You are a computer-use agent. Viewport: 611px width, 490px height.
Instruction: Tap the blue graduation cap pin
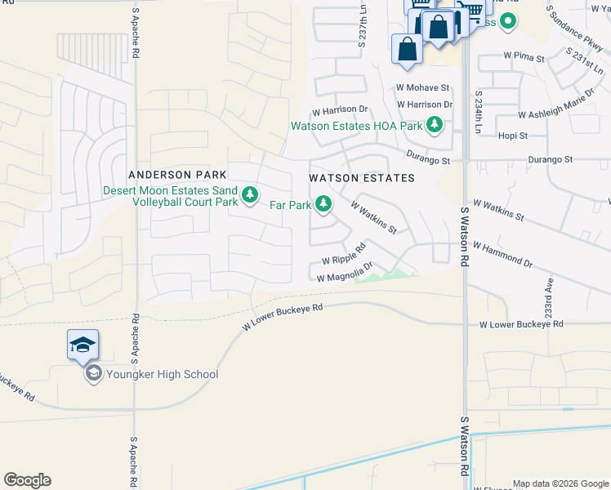[83, 346]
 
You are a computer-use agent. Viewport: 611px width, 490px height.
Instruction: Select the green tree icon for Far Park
[323, 204]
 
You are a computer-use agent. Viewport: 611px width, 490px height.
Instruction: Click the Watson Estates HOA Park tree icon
[435, 126]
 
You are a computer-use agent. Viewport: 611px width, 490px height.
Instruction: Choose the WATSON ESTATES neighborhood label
[361, 178]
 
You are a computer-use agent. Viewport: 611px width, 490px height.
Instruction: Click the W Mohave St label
[423, 87]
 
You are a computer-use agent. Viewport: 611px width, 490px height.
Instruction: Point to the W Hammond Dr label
[502, 252]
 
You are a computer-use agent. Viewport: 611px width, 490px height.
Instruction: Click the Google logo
[27, 480]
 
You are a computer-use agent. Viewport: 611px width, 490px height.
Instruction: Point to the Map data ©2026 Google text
[560, 483]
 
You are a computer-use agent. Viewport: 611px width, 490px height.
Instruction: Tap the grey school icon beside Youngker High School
[93, 374]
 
